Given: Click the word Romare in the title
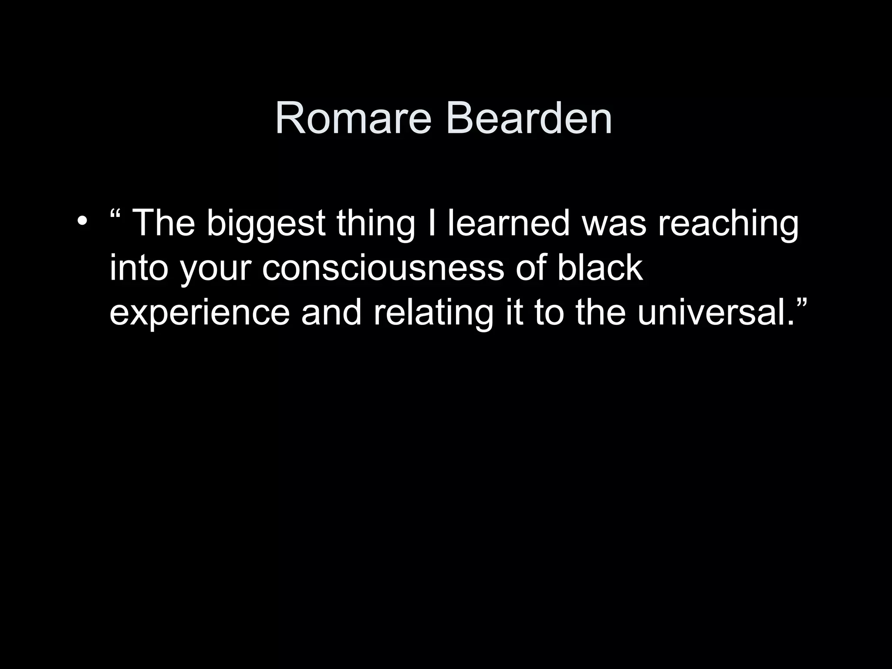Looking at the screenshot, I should [x=353, y=118].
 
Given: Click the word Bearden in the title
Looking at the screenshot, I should [x=529, y=118].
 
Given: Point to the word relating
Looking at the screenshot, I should [x=434, y=314].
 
